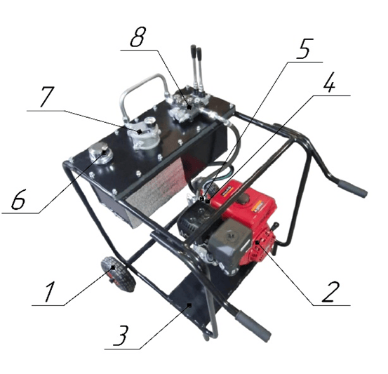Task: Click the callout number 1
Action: (x=49, y=293)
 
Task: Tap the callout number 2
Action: (x=330, y=292)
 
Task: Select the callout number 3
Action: (x=121, y=335)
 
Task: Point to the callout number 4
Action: (x=329, y=82)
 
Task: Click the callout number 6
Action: (x=18, y=199)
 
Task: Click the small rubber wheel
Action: (x=119, y=274)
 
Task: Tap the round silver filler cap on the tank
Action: (x=100, y=153)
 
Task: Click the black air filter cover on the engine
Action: (x=229, y=243)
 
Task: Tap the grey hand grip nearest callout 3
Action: (x=253, y=326)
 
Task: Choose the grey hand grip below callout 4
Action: (x=352, y=189)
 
